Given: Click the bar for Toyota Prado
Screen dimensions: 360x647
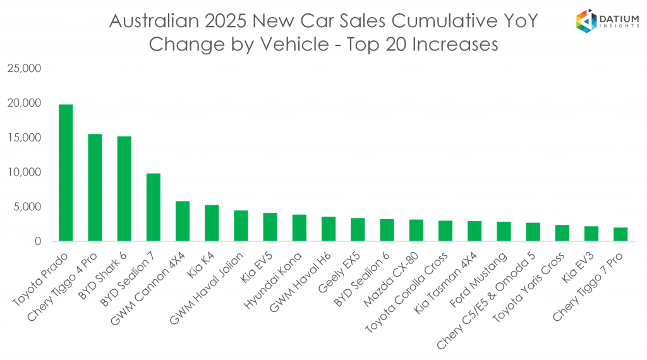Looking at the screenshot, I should click(65, 172).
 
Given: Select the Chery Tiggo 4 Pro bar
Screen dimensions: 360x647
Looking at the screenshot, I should click(95, 188).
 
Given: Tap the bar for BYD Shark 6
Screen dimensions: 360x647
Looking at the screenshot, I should click(124, 189).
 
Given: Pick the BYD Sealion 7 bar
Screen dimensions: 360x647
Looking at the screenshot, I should click(153, 207).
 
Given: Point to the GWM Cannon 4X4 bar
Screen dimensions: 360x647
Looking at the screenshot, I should click(182, 221).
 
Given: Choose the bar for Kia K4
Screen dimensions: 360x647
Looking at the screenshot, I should click(212, 223).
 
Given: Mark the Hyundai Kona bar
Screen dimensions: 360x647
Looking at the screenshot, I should click(299, 228).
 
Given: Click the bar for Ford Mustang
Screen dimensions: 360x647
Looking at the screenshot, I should click(504, 231).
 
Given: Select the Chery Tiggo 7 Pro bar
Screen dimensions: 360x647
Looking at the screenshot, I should click(620, 234).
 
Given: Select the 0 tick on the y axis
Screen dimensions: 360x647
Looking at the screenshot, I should click(37, 241).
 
